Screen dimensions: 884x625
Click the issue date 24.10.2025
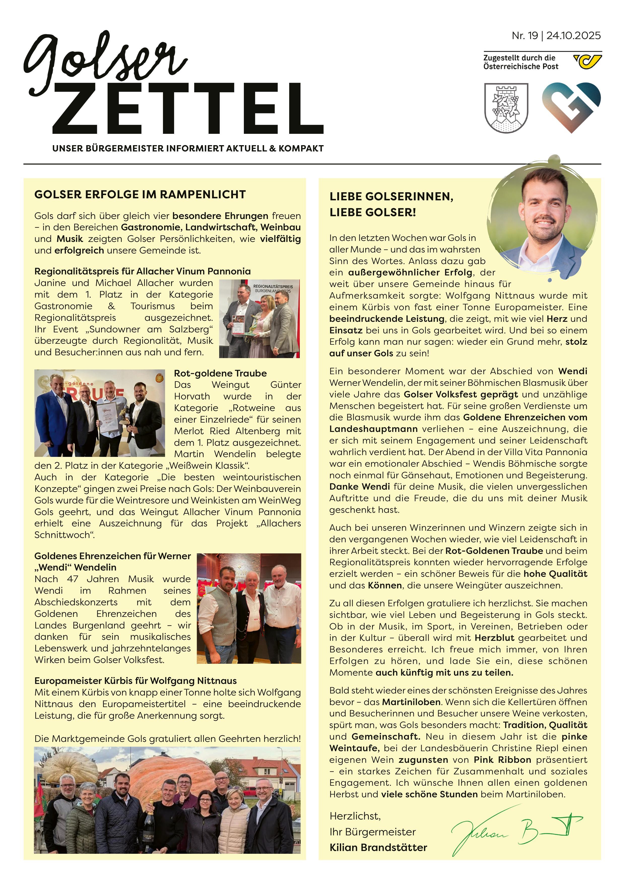(573, 36)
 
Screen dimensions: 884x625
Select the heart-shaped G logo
(571, 107)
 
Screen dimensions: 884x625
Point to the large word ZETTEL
(188, 109)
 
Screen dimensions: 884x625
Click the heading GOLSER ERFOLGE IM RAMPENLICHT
(140, 195)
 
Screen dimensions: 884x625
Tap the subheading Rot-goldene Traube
(220, 373)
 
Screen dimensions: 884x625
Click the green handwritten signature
(516, 835)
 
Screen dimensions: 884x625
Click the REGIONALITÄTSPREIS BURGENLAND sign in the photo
(273, 288)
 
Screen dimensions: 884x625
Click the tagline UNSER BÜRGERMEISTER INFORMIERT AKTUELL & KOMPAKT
(188, 148)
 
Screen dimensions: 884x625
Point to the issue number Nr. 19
(524, 36)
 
